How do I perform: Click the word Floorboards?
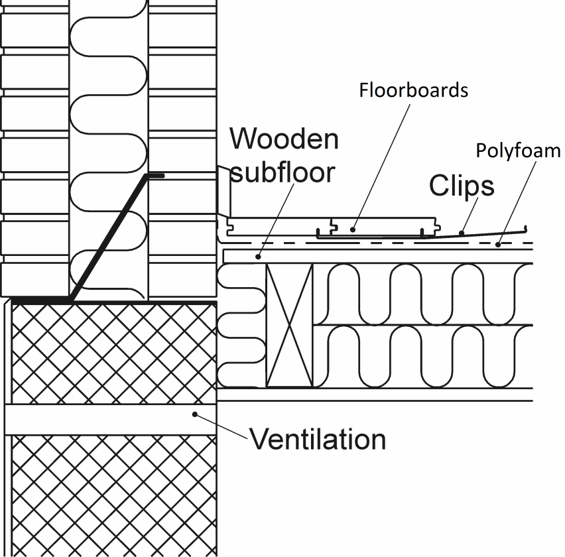point(413,90)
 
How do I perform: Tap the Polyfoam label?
point(518,151)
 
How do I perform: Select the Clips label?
point(462,186)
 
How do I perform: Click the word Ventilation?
point(317,439)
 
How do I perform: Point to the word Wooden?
point(284,139)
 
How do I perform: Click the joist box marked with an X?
point(288,325)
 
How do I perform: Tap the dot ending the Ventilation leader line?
point(196,414)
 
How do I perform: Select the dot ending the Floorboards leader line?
point(353,229)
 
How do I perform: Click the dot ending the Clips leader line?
point(460,233)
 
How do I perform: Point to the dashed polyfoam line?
point(398,243)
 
